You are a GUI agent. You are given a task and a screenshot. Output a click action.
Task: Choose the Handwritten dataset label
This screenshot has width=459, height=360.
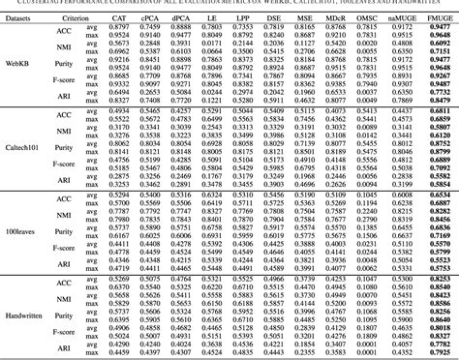point(26,321)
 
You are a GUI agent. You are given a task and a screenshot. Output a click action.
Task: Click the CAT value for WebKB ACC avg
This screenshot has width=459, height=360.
point(145,26)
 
